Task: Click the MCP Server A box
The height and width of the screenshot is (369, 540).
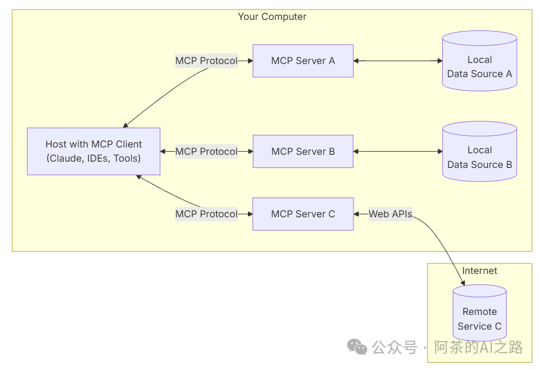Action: click(x=303, y=61)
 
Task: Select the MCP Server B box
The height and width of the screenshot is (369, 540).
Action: click(x=303, y=152)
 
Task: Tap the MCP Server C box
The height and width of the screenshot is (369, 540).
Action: click(x=303, y=214)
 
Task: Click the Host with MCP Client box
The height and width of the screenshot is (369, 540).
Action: click(x=94, y=151)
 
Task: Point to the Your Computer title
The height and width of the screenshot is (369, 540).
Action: click(x=272, y=17)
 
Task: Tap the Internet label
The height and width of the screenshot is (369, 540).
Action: click(x=479, y=271)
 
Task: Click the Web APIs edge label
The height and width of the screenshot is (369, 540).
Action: click(x=390, y=214)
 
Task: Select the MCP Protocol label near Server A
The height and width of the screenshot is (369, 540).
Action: click(x=206, y=61)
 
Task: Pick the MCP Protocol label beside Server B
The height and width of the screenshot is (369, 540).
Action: click(x=206, y=152)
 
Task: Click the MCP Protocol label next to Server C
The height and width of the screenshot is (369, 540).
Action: click(x=206, y=214)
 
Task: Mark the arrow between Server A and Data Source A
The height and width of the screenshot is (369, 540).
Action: click(x=398, y=61)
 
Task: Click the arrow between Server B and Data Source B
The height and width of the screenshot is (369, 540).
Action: click(x=398, y=152)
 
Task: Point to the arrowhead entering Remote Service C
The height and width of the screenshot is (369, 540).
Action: click(x=463, y=283)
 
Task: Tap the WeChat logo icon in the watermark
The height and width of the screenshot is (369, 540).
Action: click(x=357, y=347)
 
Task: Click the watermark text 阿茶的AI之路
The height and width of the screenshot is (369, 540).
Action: click(x=478, y=347)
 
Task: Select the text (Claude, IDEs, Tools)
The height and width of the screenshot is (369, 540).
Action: click(x=94, y=158)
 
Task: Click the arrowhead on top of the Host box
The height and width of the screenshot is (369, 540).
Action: click(x=126, y=125)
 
